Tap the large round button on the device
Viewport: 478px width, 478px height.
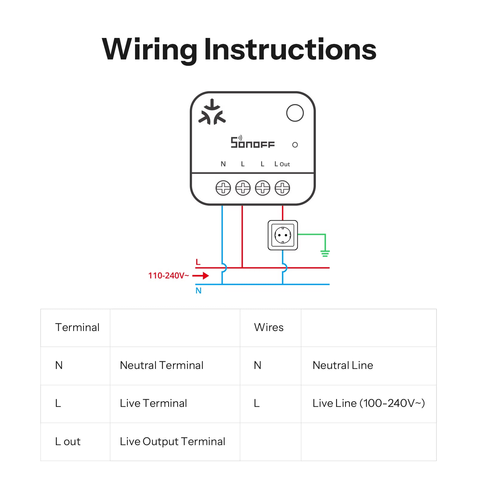295,113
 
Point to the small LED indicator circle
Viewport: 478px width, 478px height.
295,145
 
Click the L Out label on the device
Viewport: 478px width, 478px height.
282,164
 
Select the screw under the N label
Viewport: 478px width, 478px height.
223,188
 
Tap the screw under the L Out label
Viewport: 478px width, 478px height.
282,188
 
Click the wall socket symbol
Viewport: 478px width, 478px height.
283,235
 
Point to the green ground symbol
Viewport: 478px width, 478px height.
325,254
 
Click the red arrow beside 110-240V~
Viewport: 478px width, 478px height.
200,275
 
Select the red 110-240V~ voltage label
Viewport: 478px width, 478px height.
168,275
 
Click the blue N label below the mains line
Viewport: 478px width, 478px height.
198,291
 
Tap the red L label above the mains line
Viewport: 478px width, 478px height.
198,262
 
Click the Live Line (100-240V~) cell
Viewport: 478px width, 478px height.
369,403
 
